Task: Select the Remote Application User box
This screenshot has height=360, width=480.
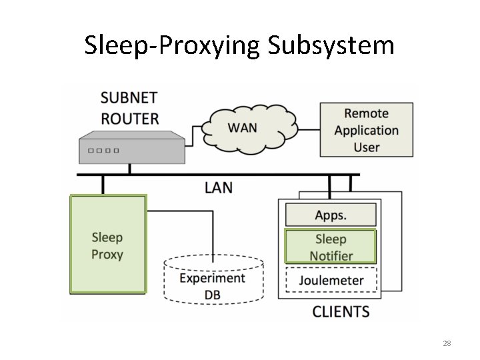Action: [367, 130]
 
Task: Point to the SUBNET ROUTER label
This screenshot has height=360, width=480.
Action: [129, 108]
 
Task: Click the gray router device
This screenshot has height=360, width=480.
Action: [131, 147]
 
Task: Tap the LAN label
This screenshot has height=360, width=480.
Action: [218, 187]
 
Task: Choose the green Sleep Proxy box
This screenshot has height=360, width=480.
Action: [107, 244]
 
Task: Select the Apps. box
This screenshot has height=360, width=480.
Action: [331, 215]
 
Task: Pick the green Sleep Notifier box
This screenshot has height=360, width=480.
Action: [331, 247]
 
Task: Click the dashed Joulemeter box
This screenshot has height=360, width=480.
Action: [331, 279]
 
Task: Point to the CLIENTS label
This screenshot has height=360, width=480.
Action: [341, 311]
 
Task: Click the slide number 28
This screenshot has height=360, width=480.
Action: [447, 343]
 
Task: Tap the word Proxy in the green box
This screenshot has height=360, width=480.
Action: [107, 254]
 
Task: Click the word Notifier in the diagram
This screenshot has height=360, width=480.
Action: [331, 256]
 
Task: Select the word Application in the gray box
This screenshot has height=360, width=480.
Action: [367, 130]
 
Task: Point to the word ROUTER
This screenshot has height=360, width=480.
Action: [129, 119]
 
